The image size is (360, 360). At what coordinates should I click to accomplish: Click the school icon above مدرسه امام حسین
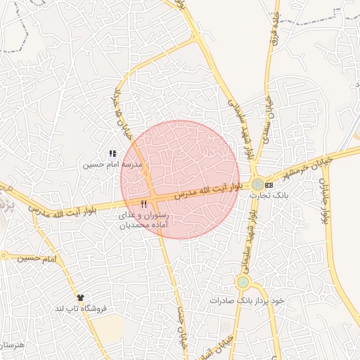click(112, 153)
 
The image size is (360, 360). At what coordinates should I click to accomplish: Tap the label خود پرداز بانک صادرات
click(247, 300)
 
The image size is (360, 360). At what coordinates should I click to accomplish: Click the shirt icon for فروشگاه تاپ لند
click(82, 297)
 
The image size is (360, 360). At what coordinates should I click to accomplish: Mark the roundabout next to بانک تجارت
click(258, 182)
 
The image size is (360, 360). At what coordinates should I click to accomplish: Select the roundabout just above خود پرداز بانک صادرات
click(243, 283)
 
